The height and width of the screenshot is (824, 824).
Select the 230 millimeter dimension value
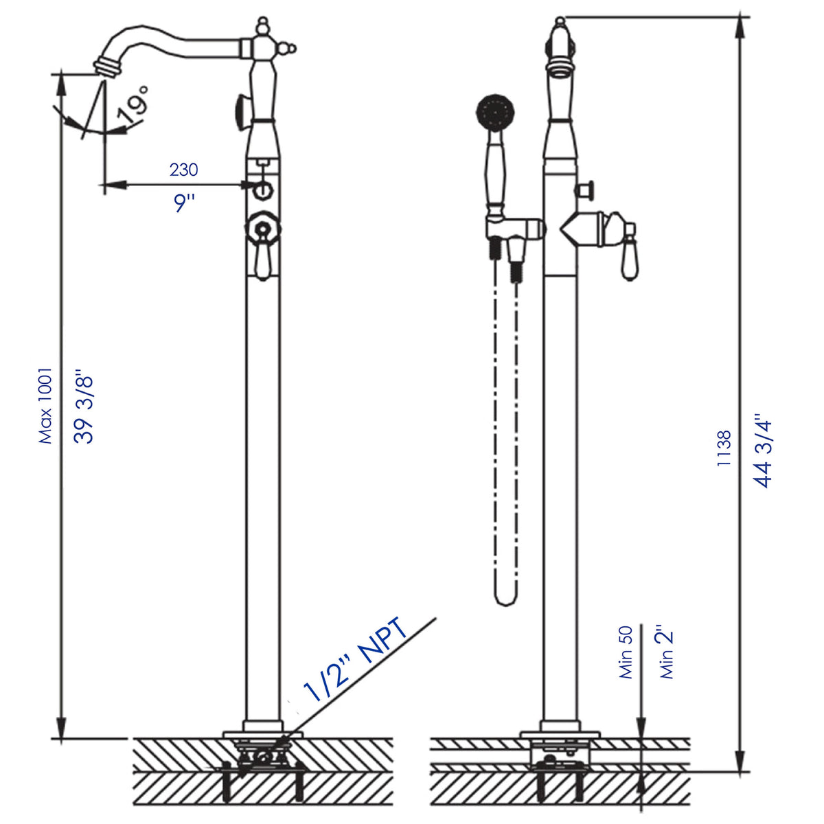(183, 169)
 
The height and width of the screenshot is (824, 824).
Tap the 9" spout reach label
(184, 203)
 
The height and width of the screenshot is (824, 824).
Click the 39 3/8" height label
(84, 409)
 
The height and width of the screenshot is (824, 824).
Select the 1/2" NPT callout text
(357, 659)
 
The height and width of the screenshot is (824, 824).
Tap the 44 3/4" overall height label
(764, 450)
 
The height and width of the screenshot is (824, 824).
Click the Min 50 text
(626, 652)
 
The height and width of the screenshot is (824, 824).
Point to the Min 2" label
(667, 652)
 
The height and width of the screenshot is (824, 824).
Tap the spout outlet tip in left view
(106, 66)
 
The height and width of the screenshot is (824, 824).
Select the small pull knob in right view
(585, 190)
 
